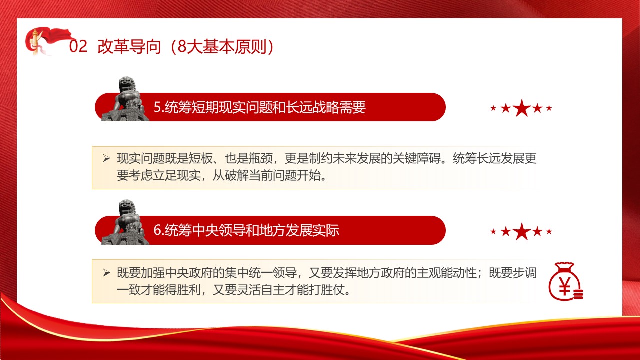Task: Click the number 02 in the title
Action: pos(78,46)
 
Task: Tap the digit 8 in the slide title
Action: pos(182,46)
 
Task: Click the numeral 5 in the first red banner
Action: pos(157,107)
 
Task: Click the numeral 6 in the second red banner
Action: pos(157,230)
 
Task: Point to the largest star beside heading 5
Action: pos(522,108)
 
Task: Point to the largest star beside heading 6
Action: pos(522,231)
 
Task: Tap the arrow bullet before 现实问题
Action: pos(106,158)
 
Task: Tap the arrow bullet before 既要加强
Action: pos(106,273)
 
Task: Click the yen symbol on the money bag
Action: pos(564,286)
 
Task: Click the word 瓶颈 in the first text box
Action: pos(261,159)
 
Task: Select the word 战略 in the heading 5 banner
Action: pos(325,107)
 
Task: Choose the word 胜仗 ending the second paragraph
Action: pos(333,290)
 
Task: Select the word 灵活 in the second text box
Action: pos(249,290)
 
